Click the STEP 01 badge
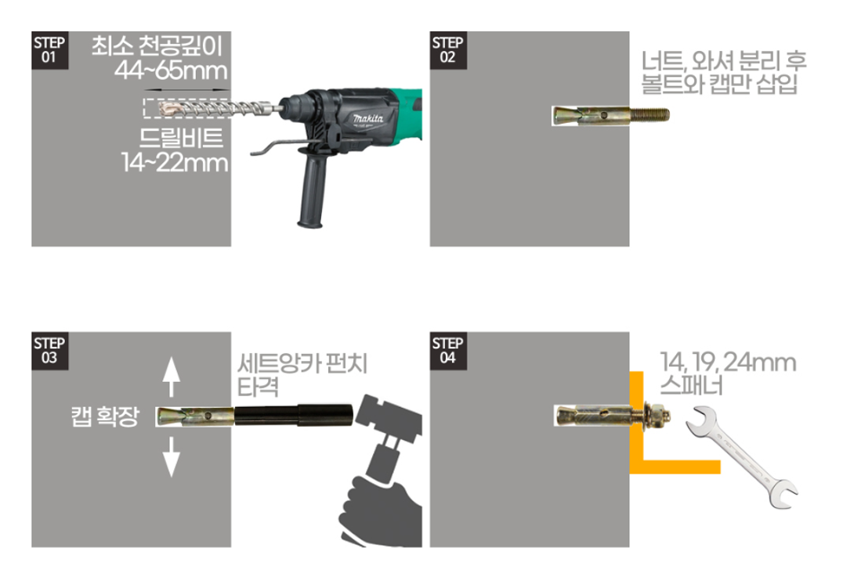pos(49,50)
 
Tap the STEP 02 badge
pos(447,50)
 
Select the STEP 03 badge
pos(49,350)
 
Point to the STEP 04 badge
pos(447,350)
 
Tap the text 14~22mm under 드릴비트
pos(174,163)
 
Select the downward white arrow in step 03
pos(171,458)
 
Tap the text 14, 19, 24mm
pos(728,363)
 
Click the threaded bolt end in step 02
pos(649,116)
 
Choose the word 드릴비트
pos(182,138)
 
